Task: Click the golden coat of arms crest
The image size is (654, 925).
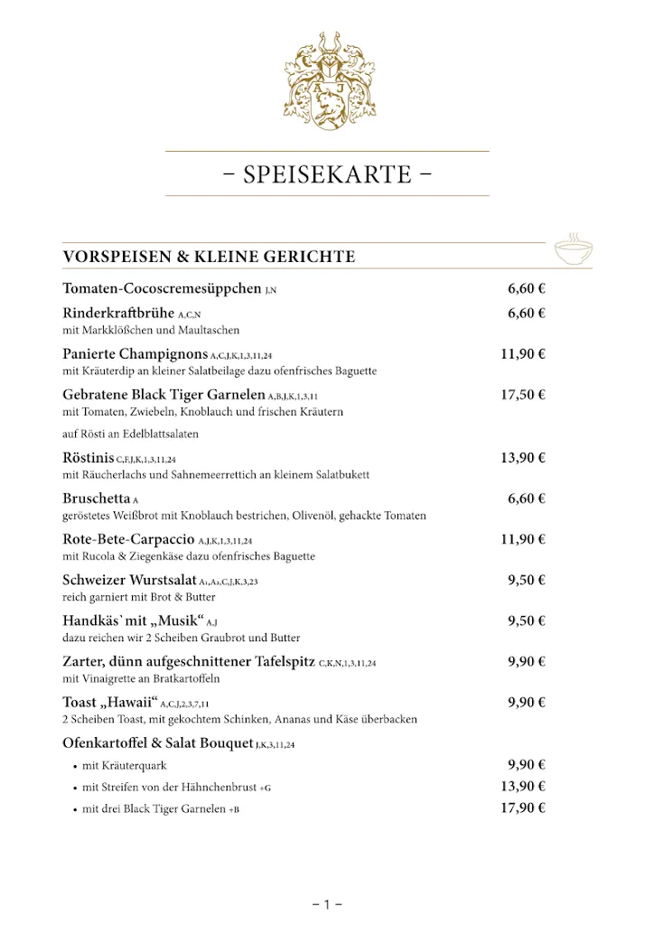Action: (327, 81)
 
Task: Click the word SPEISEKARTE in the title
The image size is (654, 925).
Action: (327, 173)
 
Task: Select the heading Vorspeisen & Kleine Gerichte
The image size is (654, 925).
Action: (209, 257)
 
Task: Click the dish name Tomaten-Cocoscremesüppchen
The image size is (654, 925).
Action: (162, 289)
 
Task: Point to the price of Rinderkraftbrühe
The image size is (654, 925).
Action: (526, 313)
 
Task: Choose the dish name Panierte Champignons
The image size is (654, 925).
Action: (135, 354)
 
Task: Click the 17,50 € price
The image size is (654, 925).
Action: (523, 395)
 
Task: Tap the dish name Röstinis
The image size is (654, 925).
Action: (88, 458)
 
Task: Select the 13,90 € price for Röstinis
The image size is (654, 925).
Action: (523, 458)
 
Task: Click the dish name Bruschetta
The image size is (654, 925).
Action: (97, 499)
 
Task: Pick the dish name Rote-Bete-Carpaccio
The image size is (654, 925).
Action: (123, 539)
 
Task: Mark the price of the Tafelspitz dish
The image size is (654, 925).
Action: (526, 661)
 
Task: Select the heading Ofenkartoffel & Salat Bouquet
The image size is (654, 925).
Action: (158, 743)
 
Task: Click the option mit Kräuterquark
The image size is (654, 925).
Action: (124, 765)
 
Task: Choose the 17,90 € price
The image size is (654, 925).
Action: (523, 808)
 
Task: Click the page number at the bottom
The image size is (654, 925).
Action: (327, 903)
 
